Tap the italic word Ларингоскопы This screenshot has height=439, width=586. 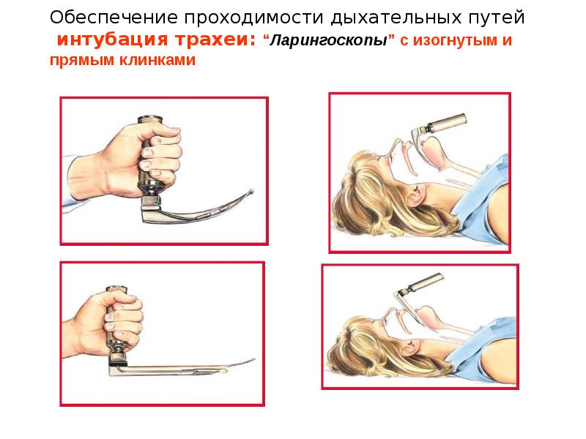(x=328, y=40)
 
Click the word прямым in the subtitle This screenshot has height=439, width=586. (x=81, y=61)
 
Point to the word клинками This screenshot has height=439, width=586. (x=157, y=60)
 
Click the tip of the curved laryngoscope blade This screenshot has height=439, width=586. (x=252, y=192)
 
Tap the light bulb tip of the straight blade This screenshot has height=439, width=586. (x=224, y=372)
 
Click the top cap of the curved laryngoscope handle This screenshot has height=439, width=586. (x=150, y=120)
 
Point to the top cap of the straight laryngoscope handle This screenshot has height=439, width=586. (x=117, y=289)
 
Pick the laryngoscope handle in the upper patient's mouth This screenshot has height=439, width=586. (x=445, y=124)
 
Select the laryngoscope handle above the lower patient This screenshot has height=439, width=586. (x=426, y=283)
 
